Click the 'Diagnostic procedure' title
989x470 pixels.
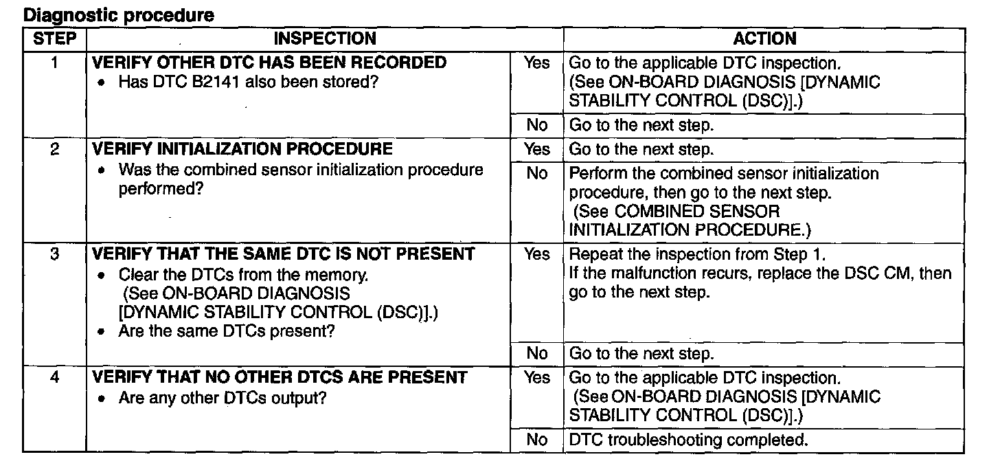point(119,15)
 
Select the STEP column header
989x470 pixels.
point(54,38)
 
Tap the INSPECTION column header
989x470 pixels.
point(325,38)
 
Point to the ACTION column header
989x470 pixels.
point(764,38)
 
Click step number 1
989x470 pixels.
point(54,63)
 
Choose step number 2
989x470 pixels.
point(54,149)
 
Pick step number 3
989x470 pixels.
point(54,254)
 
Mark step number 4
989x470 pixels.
point(54,377)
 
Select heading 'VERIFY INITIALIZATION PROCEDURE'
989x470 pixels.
point(242,149)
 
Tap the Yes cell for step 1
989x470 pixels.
point(536,63)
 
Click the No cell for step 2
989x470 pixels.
point(536,173)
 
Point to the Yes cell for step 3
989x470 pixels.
point(536,254)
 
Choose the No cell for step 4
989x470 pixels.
point(536,440)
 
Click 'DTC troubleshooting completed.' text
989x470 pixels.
point(689,440)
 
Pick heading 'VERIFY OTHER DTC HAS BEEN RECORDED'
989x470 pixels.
point(269,63)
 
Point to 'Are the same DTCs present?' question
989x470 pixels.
point(227,331)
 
